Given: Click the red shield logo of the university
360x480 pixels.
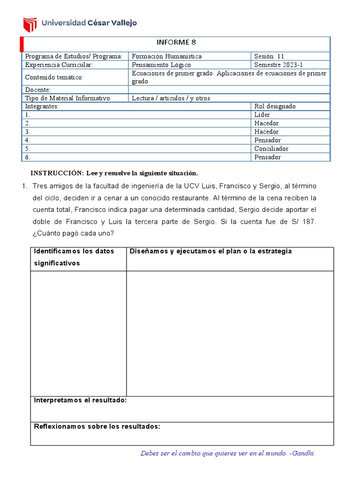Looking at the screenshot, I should coord(30,23).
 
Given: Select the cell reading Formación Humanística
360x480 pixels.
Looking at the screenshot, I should coord(167,56).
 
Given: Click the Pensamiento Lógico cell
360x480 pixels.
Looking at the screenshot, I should coord(161,65).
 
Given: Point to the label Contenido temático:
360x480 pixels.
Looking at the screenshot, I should coord(54,77).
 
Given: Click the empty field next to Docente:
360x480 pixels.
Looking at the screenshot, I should coord(229,90).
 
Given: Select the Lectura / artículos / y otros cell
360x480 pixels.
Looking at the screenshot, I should coord(171,98).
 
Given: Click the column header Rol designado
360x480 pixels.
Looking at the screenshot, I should coord(275,106).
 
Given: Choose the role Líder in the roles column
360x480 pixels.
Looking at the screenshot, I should coord(262,115).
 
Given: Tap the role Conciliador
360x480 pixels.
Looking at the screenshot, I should coord(271,149).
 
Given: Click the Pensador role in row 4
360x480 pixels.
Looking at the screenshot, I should coord(267,140).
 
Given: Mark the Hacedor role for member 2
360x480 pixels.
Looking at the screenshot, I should coord(266,123).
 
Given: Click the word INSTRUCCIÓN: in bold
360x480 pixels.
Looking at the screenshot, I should coord(57,172).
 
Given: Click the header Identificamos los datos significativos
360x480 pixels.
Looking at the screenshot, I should coord(74,257).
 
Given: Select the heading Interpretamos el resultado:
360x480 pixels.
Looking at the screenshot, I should coord(80,400).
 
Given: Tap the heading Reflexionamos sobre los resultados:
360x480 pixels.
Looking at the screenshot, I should coord(97,426).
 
